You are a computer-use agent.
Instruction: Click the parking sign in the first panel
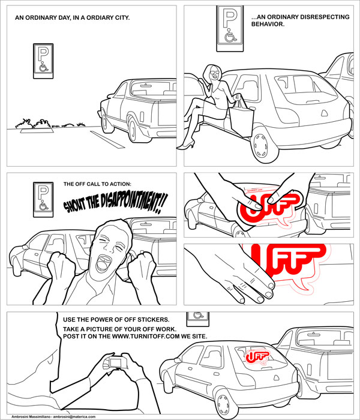43,61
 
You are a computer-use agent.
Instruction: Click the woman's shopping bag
242,117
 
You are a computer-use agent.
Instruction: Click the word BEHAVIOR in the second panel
268,24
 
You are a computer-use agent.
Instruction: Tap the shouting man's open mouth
103,263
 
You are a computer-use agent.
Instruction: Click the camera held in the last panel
115,362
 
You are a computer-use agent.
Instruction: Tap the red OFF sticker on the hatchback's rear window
257,357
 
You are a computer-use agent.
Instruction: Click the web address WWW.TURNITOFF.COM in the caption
146,337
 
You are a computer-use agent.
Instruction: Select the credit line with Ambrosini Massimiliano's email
53,417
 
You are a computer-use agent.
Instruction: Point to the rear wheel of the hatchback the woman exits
260,145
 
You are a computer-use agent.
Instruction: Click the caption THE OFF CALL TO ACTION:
97,184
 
